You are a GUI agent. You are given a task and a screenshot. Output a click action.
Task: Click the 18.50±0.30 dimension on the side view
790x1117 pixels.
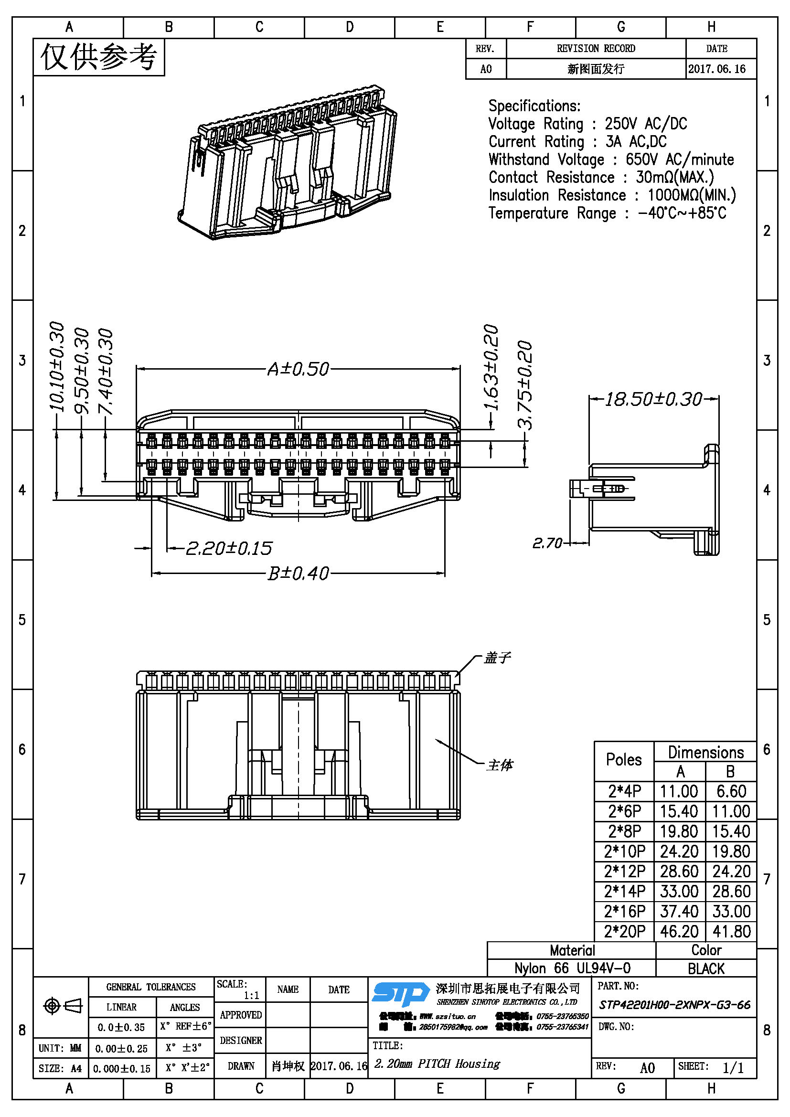pyautogui.click(x=653, y=399)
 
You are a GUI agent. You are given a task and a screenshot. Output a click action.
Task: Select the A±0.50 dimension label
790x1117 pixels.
pyautogui.click(x=298, y=369)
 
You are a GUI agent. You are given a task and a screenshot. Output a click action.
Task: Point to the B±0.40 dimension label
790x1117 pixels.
pyautogui.click(x=298, y=574)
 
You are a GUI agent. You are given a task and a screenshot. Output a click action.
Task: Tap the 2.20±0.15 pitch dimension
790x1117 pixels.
pyautogui.click(x=229, y=549)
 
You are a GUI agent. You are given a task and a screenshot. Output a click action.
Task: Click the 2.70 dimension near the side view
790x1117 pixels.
pyautogui.click(x=547, y=543)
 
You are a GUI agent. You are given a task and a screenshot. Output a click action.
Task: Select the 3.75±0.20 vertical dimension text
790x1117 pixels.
pyautogui.click(x=525, y=385)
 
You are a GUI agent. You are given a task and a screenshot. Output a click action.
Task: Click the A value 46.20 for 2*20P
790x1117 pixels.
pyautogui.click(x=679, y=931)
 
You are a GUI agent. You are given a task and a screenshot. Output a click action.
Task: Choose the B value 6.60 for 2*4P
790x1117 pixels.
pyautogui.click(x=731, y=791)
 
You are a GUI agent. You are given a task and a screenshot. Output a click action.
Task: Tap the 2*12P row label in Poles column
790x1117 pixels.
pyautogui.click(x=625, y=872)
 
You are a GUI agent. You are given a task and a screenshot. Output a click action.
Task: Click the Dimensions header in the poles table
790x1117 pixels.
pyautogui.click(x=705, y=752)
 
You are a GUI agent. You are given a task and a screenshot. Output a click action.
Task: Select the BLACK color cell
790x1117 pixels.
pyautogui.click(x=706, y=968)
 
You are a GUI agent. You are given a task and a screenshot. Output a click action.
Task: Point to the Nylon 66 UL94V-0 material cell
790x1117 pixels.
pyautogui.click(x=572, y=968)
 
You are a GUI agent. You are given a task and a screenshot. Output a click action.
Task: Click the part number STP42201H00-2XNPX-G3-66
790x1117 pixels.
pyautogui.click(x=674, y=1005)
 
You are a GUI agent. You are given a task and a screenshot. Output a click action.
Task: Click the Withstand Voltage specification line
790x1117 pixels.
pyautogui.click(x=611, y=160)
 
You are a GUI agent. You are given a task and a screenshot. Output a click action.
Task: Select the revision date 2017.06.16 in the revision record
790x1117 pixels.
pyautogui.click(x=716, y=69)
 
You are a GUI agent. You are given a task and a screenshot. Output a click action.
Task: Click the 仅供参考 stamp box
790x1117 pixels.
pyautogui.click(x=99, y=57)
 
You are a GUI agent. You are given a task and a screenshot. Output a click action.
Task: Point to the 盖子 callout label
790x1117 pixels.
pyautogui.click(x=497, y=658)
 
